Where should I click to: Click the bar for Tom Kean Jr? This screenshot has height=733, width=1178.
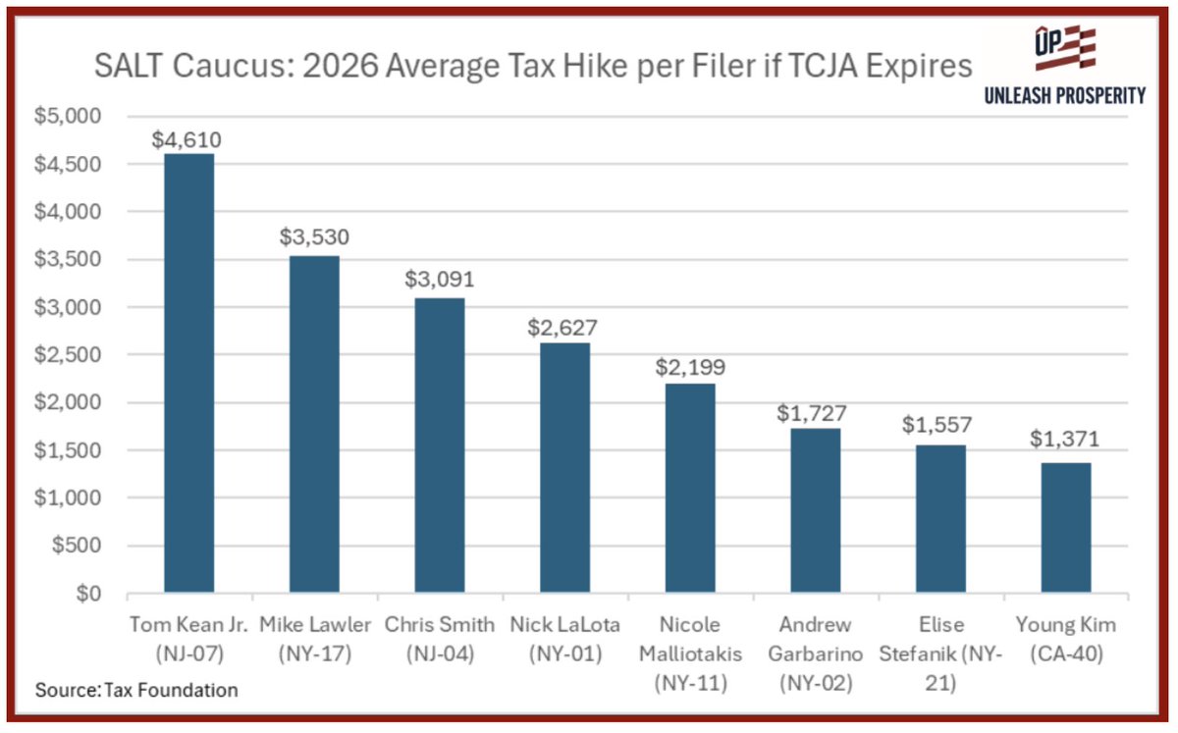point(188,374)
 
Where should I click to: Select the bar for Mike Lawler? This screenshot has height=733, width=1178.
point(314,425)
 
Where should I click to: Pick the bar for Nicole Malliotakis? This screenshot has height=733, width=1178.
point(690,489)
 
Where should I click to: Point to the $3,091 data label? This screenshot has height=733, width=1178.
point(439,279)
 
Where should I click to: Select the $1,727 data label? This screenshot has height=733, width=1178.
point(815,413)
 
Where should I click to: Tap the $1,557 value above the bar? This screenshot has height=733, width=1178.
point(940,427)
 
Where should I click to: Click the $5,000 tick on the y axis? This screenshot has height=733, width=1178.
point(74,117)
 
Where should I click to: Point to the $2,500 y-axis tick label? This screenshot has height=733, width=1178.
point(74,355)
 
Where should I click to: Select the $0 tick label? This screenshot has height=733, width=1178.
point(90,594)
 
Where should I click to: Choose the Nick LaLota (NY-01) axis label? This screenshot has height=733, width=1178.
point(564,639)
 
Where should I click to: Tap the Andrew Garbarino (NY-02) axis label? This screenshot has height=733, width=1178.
point(815,654)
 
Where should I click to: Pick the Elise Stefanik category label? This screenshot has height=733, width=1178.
point(940,654)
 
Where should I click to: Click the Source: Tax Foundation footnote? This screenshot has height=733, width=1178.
point(136,690)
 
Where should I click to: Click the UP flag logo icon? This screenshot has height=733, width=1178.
point(1064,50)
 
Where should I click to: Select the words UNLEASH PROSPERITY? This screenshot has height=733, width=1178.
point(1065,94)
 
